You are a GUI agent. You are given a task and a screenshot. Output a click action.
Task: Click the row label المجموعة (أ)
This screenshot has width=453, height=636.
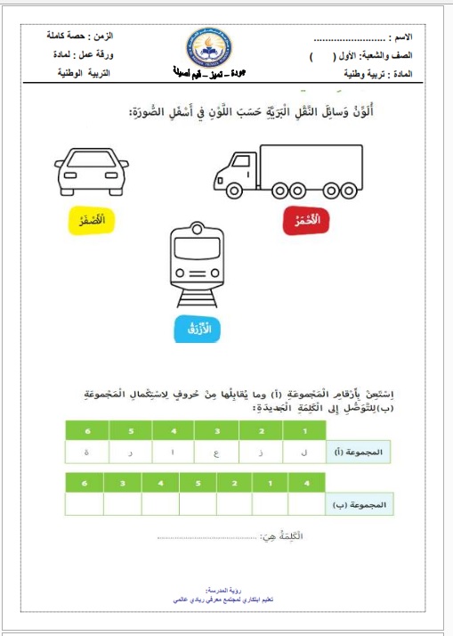pyautogui.click(x=360, y=452)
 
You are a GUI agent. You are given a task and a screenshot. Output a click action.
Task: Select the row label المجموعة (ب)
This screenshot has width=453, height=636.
pyautogui.click(x=360, y=504)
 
